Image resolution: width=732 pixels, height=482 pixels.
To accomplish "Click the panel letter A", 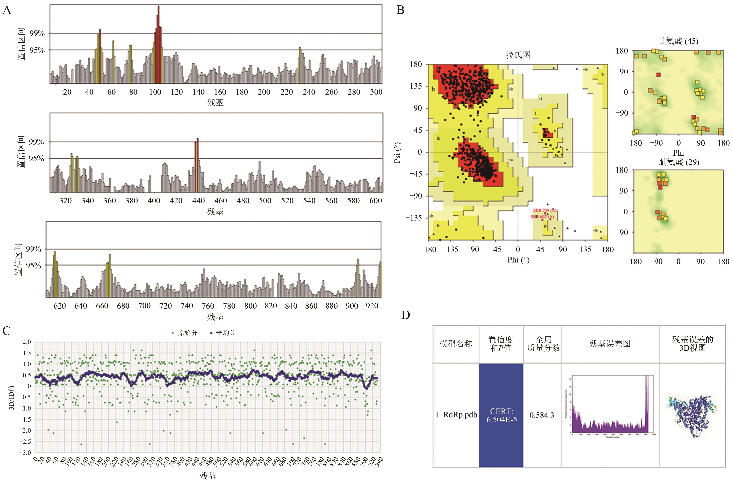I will (7, 10).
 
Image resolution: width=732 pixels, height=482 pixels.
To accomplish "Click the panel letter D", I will (406, 315).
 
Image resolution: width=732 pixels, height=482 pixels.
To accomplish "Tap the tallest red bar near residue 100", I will (158, 43).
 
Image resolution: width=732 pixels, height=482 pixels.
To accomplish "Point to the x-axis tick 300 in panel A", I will (376, 92).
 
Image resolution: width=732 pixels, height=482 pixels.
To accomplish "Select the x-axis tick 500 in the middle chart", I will (265, 201).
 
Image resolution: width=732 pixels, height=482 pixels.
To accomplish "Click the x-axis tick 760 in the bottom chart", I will (208, 306).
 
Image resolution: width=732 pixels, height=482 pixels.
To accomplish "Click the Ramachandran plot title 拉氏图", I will (518, 55).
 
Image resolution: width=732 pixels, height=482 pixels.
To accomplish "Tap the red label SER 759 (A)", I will (545, 211).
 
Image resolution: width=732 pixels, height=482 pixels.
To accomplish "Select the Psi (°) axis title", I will (398, 153).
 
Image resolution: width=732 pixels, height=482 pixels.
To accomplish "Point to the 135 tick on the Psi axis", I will (416, 86).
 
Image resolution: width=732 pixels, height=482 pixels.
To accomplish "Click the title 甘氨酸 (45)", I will (678, 41).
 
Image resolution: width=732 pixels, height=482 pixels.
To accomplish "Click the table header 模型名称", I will (456, 344).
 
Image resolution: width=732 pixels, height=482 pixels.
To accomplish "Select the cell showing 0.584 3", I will (542, 415).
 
